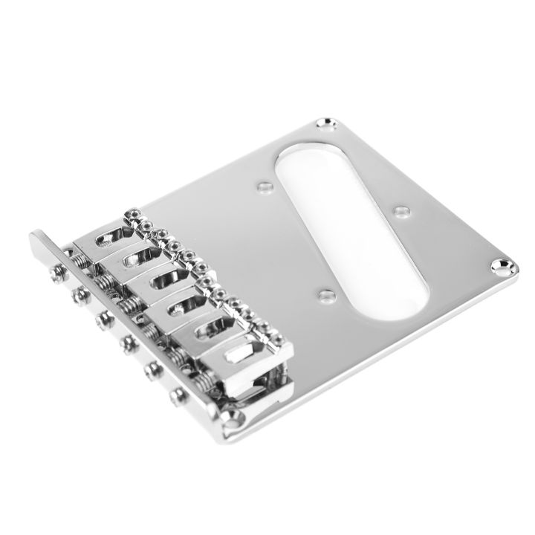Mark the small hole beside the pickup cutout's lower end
click(x=324, y=296)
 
